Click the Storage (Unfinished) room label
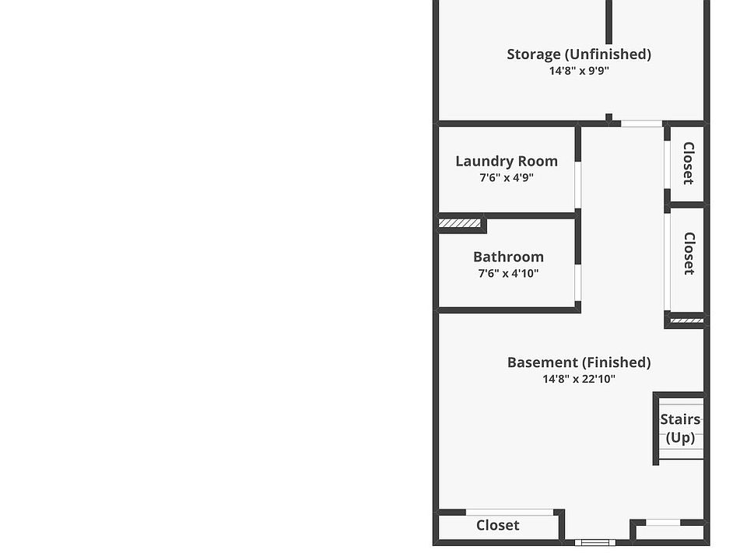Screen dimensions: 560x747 pos(579,54)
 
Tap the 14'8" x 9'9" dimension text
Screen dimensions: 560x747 pos(579,71)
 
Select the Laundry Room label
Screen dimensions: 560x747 pos(507,161)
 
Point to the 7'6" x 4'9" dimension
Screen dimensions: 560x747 pos(507,178)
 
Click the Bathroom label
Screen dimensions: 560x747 pos(508,257)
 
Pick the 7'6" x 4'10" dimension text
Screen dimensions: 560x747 pos(508,274)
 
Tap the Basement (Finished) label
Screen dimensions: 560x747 pos(579,362)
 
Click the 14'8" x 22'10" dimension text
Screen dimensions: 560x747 pos(579,380)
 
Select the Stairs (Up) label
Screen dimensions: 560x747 pos(680,429)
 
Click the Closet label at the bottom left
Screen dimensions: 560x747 pos(498,526)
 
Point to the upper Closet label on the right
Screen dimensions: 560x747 pos(688,163)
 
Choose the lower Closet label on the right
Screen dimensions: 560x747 pos(688,254)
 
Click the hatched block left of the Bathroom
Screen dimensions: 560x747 pos(460,224)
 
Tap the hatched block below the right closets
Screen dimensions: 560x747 pos(686,320)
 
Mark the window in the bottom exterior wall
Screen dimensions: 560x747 pos(595,542)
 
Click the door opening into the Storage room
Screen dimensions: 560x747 pos(641,123)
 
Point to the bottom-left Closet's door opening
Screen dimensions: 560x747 pos(510,512)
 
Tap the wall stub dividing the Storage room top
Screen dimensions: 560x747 pos(608,22)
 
